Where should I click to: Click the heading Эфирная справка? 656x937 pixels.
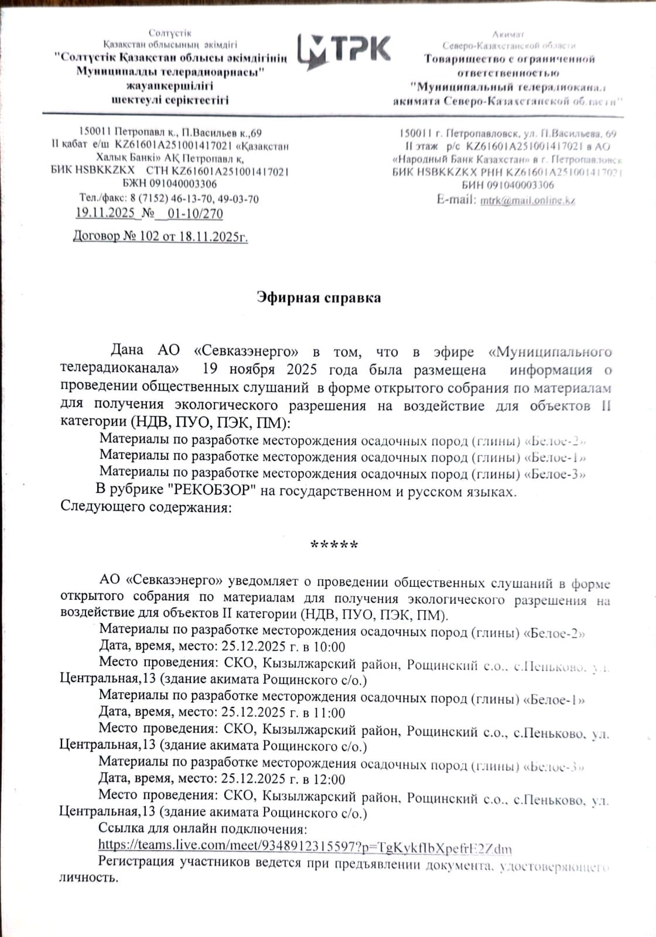(319, 297)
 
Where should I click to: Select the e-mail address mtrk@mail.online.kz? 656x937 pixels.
(527, 200)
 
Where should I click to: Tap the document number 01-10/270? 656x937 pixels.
(195, 214)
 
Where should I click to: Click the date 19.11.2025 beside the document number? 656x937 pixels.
(105, 213)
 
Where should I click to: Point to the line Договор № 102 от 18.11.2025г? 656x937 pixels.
(160, 237)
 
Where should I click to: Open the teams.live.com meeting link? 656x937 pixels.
(305, 847)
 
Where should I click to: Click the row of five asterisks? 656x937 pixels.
(334, 545)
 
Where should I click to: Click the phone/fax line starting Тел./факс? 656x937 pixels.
(169, 199)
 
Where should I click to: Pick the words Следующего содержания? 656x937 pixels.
(146, 507)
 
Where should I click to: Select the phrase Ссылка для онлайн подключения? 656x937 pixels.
(203, 829)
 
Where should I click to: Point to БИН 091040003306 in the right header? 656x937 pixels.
(507, 185)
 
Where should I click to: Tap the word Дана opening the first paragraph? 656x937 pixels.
(127, 351)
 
